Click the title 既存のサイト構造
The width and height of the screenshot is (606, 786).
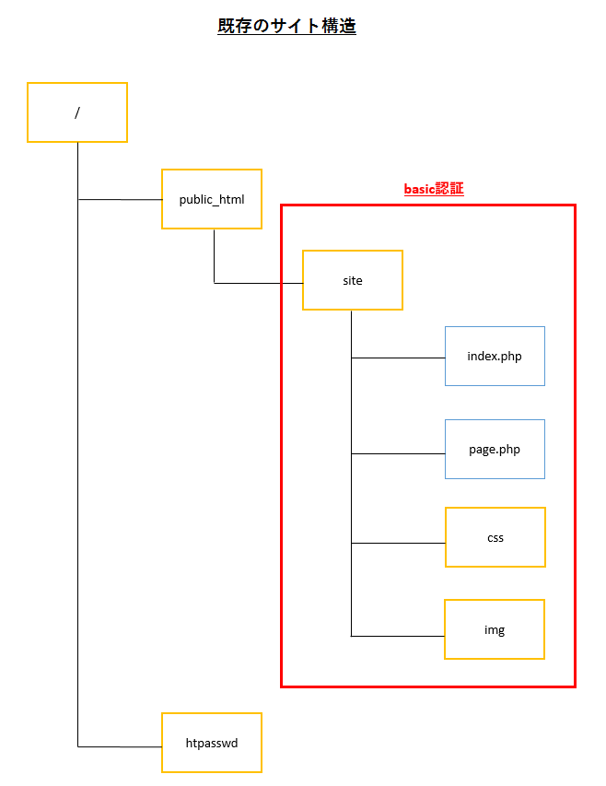[x=286, y=27]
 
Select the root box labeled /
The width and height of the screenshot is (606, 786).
[x=77, y=112]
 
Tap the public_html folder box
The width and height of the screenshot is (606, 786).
[x=212, y=199]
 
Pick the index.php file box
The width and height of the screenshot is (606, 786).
[x=495, y=356]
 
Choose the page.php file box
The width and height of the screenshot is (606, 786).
[x=495, y=450]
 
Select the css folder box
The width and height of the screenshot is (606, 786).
[x=495, y=537]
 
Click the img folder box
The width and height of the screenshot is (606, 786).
[x=495, y=629]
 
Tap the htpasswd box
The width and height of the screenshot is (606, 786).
[x=212, y=743]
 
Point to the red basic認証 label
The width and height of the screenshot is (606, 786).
[x=434, y=189]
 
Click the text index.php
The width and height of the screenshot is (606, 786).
[x=495, y=356]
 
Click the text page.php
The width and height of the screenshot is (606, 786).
[x=495, y=450]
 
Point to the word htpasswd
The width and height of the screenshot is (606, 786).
[x=212, y=743]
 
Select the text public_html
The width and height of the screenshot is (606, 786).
[x=212, y=199]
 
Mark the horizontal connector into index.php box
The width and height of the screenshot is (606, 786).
[x=398, y=358]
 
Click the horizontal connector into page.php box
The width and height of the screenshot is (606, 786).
[x=398, y=453]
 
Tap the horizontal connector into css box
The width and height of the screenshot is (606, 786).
[x=398, y=543]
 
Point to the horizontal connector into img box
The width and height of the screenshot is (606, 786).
[x=398, y=636]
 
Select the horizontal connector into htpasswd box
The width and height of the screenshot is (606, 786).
[x=120, y=745]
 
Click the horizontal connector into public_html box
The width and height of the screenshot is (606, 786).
[x=120, y=199]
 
